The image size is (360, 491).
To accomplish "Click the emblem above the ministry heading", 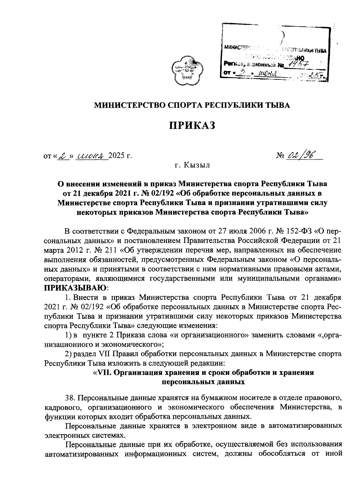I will click(186, 69).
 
